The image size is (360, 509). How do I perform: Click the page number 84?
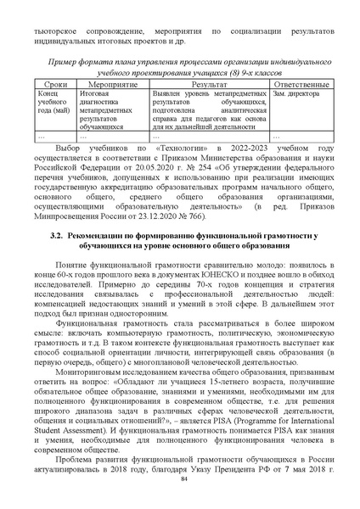coord(180,480)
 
